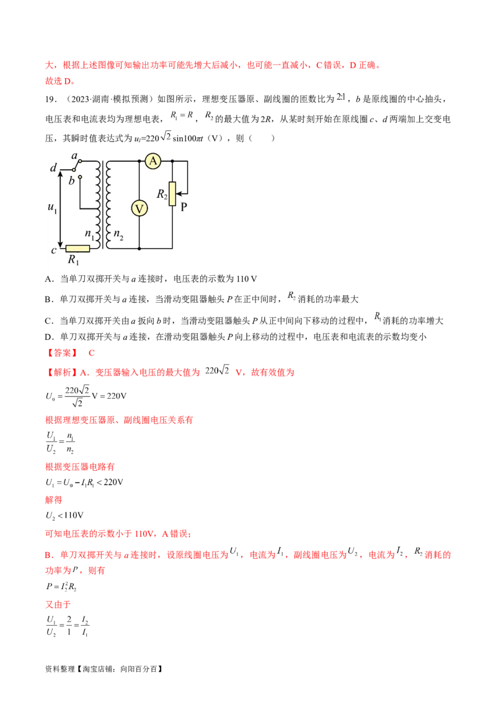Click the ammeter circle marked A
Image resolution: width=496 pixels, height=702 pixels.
click(x=153, y=161)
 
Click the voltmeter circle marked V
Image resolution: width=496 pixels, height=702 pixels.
click(x=139, y=209)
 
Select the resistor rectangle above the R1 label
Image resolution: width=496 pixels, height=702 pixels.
click(x=78, y=249)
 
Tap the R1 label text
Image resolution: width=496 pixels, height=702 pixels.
click(x=73, y=260)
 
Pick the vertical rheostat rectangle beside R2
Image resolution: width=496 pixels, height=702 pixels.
click(x=172, y=193)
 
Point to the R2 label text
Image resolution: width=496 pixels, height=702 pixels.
click(x=162, y=195)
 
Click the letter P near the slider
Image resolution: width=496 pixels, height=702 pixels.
click(x=184, y=208)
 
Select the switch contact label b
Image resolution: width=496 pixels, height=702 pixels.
click(x=72, y=180)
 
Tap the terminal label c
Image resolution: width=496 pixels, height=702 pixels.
click(x=54, y=250)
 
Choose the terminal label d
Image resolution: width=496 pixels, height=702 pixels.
click(x=53, y=169)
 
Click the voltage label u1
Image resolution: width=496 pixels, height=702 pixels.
click(x=51, y=209)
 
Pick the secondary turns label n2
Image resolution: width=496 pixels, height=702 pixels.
click(x=118, y=236)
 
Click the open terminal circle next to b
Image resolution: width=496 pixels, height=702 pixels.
click(x=79, y=177)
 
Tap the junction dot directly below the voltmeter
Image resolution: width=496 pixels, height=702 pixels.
click(x=139, y=248)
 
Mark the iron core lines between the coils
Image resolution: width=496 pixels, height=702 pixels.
click(x=102, y=205)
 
